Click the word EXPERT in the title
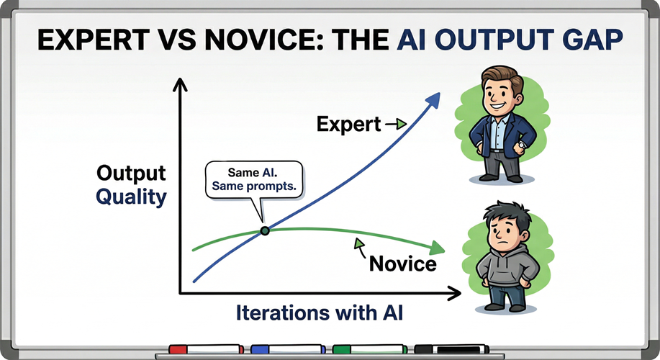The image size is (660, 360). click(94, 40)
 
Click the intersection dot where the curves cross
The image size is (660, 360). click(265, 230)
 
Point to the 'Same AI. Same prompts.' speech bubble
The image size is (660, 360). click(254, 180)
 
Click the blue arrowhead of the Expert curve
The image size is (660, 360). click(433, 102)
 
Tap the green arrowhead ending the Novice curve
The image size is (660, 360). click(437, 248)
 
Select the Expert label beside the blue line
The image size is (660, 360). click(348, 125)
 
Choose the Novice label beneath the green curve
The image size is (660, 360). click(403, 264)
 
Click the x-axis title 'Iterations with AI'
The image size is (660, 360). click(320, 313)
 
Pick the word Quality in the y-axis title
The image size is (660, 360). click(131, 197)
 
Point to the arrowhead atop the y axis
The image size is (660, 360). click(180, 85)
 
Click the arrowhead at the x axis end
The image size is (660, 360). click(454, 294)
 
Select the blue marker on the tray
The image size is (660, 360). click(288, 349)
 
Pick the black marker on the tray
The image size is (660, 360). click(452, 349)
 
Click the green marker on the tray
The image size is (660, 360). click(369, 349)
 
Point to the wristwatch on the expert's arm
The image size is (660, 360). click(522, 145)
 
